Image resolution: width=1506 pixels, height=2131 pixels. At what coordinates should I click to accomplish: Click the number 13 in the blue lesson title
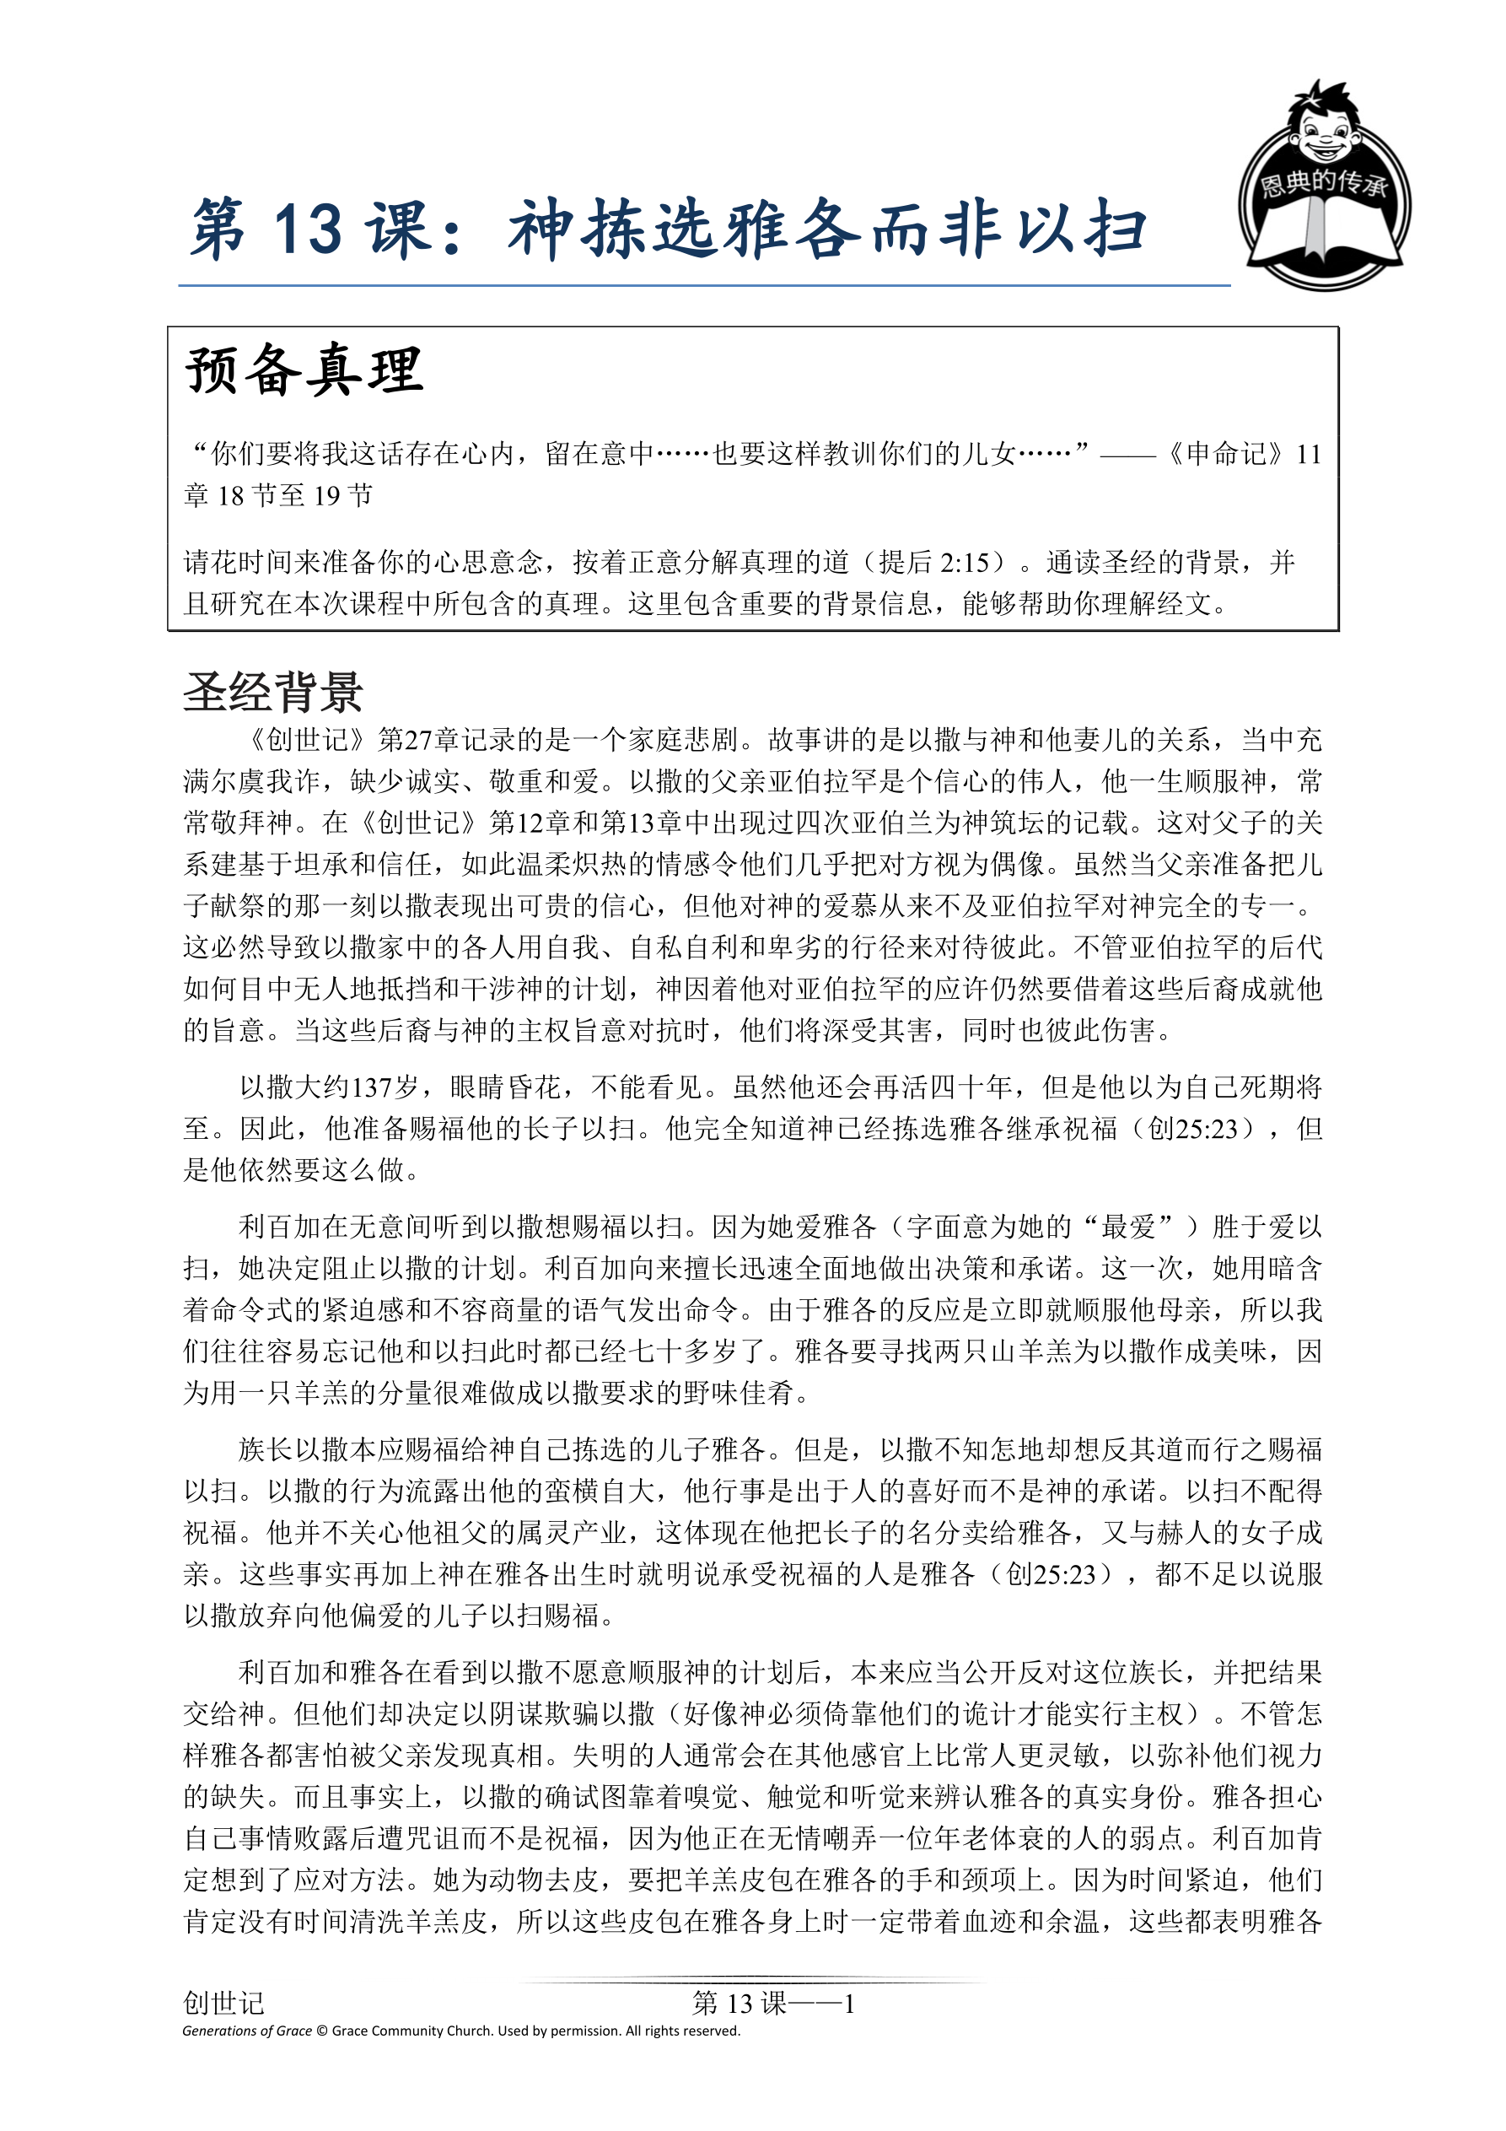click(308, 229)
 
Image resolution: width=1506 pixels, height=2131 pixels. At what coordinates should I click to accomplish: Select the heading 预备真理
click(304, 370)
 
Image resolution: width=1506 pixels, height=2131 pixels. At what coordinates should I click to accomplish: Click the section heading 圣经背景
click(273, 693)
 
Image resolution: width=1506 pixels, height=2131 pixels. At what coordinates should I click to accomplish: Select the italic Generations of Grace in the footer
click(247, 2031)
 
